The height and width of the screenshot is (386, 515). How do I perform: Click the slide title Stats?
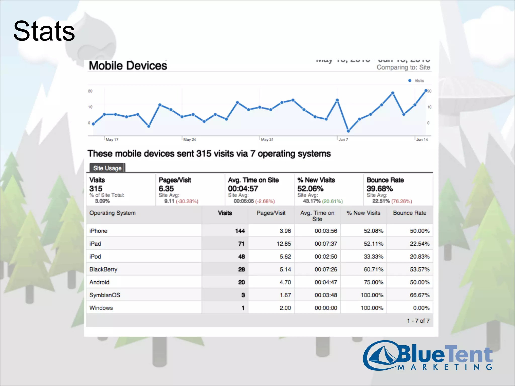click(x=44, y=31)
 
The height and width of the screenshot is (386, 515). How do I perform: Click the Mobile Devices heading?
click(x=128, y=66)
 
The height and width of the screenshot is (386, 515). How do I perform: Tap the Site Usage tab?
click(x=107, y=168)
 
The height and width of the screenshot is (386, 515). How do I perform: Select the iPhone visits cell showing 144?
click(x=240, y=231)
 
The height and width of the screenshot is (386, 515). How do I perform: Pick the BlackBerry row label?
click(x=103, y=269)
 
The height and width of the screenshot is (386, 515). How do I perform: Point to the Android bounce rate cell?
click(x=419, y=282)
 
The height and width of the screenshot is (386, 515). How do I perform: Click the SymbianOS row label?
click(x=105, y=295)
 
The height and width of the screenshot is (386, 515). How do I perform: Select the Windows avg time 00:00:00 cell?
click(x=326, y=308)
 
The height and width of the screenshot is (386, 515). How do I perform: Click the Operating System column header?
click(x=112, y=213)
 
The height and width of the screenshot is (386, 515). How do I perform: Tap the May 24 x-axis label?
click(x=189, y=140)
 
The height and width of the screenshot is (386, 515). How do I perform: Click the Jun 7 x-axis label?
click(x=343, y=140)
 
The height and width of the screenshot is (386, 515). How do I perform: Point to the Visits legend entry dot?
click(x=410, y=81)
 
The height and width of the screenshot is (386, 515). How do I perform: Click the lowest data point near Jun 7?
click(x=348, y=131)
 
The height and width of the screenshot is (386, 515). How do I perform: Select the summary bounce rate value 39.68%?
click(x=379, y=188)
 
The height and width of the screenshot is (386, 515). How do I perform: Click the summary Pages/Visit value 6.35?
click(x=166, y=188)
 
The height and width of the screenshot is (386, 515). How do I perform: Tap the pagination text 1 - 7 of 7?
click(x=418, y=321)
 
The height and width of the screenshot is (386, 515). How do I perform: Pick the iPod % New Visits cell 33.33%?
click(x=373, y=257)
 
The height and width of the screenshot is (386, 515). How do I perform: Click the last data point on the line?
click(x=426, y=90)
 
